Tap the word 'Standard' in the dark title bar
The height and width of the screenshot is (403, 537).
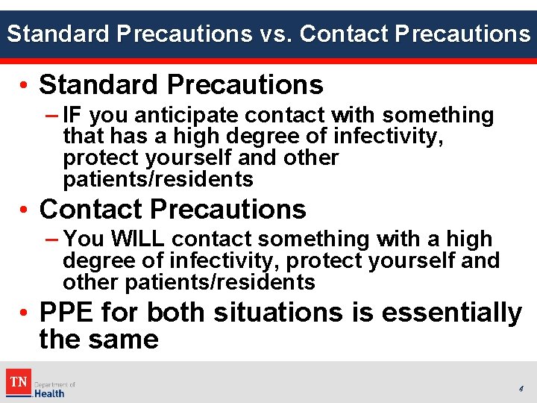tap(55, 34)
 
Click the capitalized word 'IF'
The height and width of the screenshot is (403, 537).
tap(74, 116)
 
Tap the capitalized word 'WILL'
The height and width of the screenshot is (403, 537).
tap(139, 240)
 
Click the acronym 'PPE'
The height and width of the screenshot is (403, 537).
tap(69, 312)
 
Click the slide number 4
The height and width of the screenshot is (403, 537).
tap(521, 389)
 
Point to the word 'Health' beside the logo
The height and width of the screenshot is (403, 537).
tap(49, 393)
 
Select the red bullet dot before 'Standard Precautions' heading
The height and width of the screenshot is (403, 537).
tap(26, 86)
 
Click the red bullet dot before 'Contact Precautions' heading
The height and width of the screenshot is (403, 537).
tap(26, 210)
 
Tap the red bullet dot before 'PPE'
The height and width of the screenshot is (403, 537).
tap(26, 313)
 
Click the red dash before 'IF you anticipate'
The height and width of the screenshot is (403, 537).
tap(52, 116)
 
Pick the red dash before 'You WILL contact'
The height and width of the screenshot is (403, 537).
tap(52, 240)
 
